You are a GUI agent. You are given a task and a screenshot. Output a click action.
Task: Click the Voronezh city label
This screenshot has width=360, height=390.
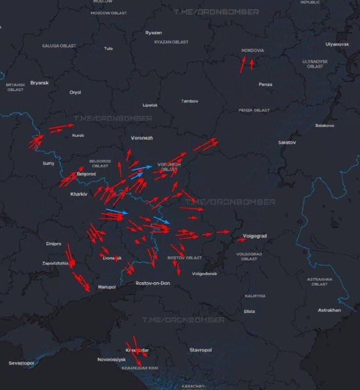pos(142,138)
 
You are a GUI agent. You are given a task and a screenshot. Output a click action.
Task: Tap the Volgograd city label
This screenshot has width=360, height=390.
pos(255,236)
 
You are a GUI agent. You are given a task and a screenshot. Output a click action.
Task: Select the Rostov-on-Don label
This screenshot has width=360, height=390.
pos(152,283)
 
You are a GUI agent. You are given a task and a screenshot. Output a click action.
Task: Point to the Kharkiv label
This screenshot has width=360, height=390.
pos(78,194)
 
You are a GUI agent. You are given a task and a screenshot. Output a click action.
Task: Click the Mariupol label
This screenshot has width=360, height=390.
pos(107,287)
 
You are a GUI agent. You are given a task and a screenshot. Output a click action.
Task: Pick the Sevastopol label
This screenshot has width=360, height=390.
pos(21,363)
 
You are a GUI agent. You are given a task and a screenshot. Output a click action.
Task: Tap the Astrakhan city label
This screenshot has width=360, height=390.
pos(329,310)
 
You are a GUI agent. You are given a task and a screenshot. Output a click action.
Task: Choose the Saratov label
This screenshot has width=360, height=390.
pos(286,142)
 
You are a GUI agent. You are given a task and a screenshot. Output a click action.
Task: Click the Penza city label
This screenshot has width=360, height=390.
pos(265,84)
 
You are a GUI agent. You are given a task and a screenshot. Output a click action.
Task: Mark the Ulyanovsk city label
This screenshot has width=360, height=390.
pos(337,44)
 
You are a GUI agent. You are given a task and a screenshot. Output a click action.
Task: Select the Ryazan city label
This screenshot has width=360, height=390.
pos(153,33)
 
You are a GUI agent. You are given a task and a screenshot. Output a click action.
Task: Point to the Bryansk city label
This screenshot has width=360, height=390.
pos(39,82)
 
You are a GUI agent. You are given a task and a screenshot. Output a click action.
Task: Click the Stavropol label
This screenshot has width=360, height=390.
pos(200,350)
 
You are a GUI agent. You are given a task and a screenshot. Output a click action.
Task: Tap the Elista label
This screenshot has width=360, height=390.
pos(249,311)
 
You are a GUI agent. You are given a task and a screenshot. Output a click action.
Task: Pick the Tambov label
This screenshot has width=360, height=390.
pos(189,101)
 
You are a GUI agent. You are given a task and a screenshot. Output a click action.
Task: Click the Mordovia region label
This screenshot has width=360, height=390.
pos(252,50)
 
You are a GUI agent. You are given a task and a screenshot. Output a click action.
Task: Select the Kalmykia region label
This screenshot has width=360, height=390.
pos(255,296)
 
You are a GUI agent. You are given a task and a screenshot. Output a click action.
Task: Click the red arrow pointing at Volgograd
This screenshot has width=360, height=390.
pos(242,239)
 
